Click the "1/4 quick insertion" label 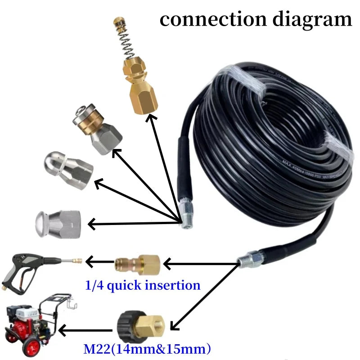click(x=142, y=285)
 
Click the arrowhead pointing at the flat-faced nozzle click(x=91, y=222)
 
